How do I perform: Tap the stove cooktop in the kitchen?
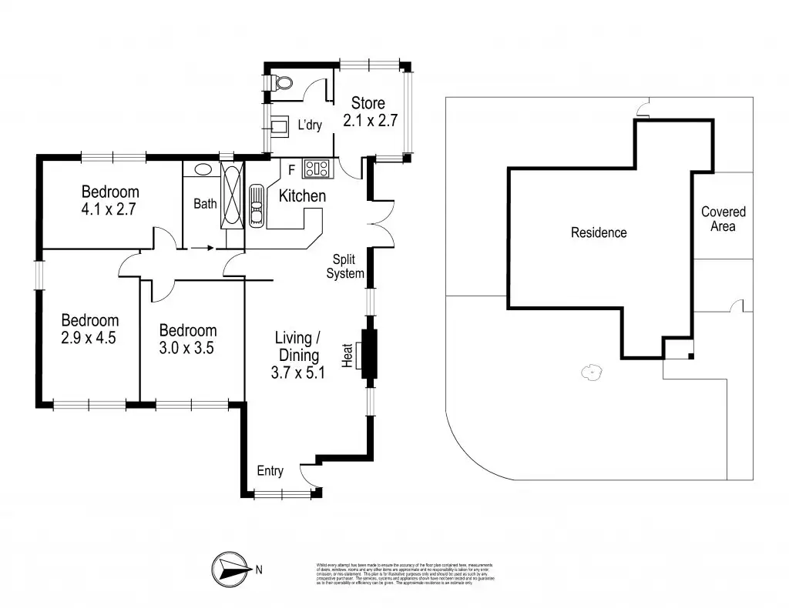[x=317, y=167]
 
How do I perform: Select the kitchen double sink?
[x=256, y=206]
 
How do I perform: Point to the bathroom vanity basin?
[x=203, y=169]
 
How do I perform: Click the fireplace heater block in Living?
[x=368, y=355]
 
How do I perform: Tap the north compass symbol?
[x=231, y=570]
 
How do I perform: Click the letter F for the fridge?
[x=291, y=169]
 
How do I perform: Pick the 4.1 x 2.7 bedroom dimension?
[x=109, y=208]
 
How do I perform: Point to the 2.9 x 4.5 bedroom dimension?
[x=89, y=336]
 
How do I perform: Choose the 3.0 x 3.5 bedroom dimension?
[x=187, y=347]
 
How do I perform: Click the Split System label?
[x=344, y=266]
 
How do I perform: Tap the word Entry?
[x=270, y=471]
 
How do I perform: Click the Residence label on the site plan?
[x=598, y=232]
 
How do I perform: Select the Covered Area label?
[x=723, y=219]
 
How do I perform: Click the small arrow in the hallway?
[x=201, y=248]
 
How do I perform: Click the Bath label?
[x=205, y=204]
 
